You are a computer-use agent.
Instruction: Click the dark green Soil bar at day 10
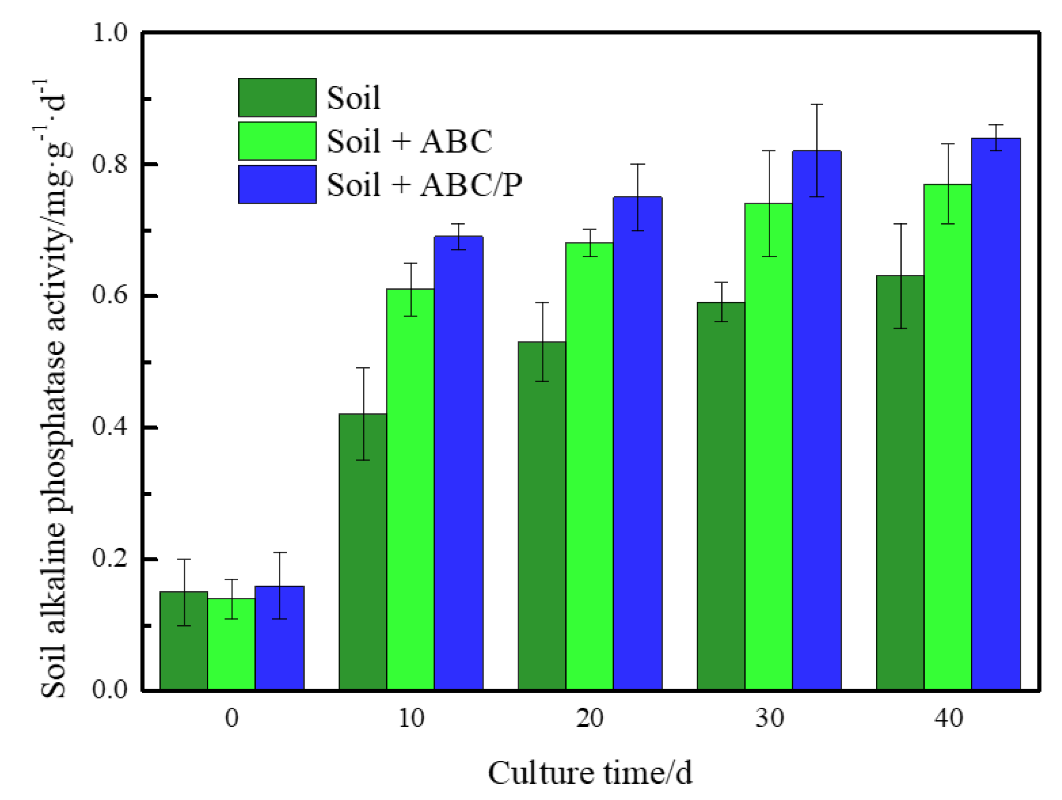pyautogui.click(x=362, y=552)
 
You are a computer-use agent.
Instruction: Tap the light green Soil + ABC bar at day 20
pyautogui.click(x=589, y=466)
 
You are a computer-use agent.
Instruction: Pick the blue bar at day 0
pyautogui.click(x=280, y=639)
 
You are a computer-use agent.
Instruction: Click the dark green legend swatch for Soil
pyautogui.click(x=277, y=97)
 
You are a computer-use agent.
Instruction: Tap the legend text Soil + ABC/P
pyautogui.click(x=424, y=185)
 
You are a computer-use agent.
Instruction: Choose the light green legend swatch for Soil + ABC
pyautogui.click(x=277, y=141)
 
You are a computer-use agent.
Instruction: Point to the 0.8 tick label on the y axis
pyautogui.click(x=110, y=164)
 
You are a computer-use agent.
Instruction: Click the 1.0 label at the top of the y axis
pyautogui.click(x=110, y=33)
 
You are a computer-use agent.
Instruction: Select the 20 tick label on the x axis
pyautogui.click(x=590, y=719)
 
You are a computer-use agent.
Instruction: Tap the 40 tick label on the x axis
pyautogui.click(x=948, y=719)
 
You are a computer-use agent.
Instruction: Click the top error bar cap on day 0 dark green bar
pyautogui.click(x=184, y=560)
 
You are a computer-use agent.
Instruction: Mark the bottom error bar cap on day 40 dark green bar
pyautogui.click(x=900, y=328)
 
